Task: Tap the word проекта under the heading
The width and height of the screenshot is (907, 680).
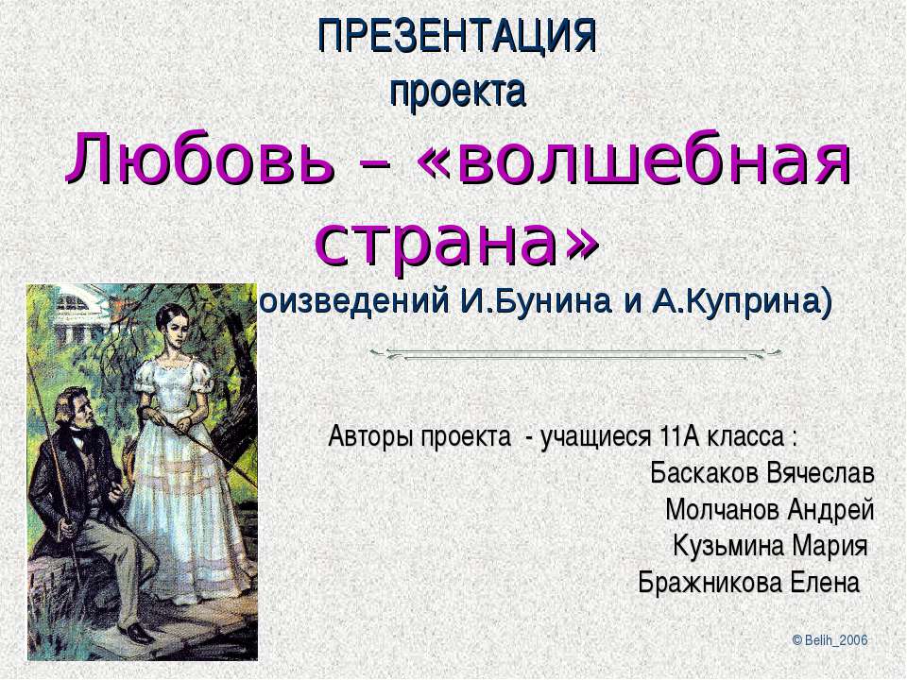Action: tap(456, 93)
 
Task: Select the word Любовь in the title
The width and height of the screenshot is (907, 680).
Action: tap(198, 162)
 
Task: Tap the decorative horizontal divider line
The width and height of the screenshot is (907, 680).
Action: tap(575, 354)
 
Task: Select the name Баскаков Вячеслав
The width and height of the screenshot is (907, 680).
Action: tap(762, 472)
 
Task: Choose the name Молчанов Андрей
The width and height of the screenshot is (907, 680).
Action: tap(769, 510)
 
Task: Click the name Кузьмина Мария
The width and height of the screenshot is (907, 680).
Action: tap(769, 546)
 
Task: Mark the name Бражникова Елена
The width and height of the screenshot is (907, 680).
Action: tap(749, 581)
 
